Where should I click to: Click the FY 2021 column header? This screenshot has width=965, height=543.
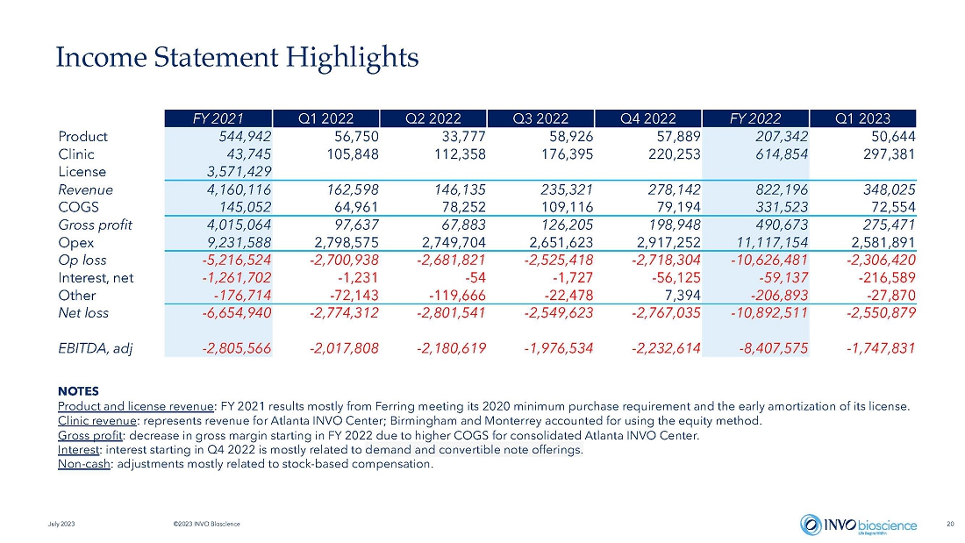(218, 118)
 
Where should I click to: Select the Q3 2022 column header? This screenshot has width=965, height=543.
(540, 118)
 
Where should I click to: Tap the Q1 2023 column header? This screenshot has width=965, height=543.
(863, 118)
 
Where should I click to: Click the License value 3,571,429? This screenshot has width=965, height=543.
(239, 172)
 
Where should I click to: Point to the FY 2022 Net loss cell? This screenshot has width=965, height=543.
(768, 313)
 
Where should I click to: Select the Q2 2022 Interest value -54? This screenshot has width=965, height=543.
(475, 278)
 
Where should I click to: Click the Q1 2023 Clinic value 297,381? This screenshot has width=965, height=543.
(890, 154)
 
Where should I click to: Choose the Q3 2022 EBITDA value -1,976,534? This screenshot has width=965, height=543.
(558, 348)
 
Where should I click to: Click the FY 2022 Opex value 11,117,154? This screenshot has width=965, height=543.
(772, 243)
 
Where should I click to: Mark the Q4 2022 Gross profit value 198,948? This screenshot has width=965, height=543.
(675, 225)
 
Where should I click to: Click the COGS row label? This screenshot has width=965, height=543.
(78, 208)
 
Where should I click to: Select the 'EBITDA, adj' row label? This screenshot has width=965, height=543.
(96, 348)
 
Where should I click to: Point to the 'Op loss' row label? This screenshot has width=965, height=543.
(82, 261)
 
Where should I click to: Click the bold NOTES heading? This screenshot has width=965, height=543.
(78, 391)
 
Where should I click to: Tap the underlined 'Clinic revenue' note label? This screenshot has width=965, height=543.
(97, 421)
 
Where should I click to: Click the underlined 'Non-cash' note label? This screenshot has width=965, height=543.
(84, 463)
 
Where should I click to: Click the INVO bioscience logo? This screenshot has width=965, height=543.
(859, 525)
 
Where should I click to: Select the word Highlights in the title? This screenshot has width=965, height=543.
(352, 57)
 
